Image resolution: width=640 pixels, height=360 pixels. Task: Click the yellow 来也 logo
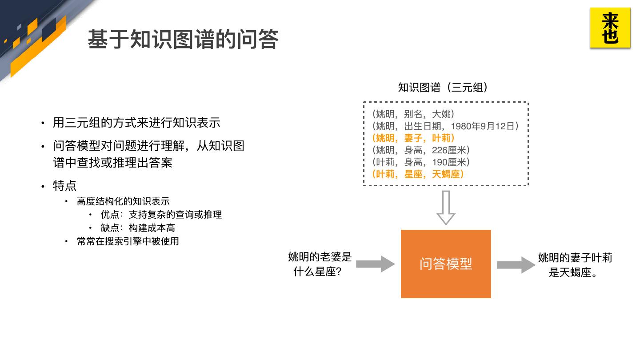pos(610,28)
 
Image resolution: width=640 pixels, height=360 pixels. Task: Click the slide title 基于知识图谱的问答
pos(183,39)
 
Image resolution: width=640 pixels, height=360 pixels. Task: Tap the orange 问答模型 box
pos(446,264)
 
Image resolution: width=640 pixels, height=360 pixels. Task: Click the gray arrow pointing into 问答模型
pos(375,264)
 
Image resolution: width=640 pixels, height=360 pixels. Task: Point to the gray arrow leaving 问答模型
pos(516,265)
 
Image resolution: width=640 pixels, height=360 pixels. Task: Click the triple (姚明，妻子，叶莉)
pos(413,138)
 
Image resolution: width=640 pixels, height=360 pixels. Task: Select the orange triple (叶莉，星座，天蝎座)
pos(418,174)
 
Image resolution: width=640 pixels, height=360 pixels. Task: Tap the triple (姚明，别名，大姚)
pos(413,114)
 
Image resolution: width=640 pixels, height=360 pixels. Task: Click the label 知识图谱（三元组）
pos(443,88)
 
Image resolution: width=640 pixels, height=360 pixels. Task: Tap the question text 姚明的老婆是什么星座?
pos(320,264)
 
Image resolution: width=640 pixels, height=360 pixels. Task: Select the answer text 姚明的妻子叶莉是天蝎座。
pos(575,265)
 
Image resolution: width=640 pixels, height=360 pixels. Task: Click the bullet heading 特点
pos(64,186)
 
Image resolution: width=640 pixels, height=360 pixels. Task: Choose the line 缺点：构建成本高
pos(138,228)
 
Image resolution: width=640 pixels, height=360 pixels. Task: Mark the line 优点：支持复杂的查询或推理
pos(161,215)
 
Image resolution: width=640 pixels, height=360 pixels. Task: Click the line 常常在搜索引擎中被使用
pos(128,241)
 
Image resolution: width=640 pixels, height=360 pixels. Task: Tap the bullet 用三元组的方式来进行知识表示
pos(136,123)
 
